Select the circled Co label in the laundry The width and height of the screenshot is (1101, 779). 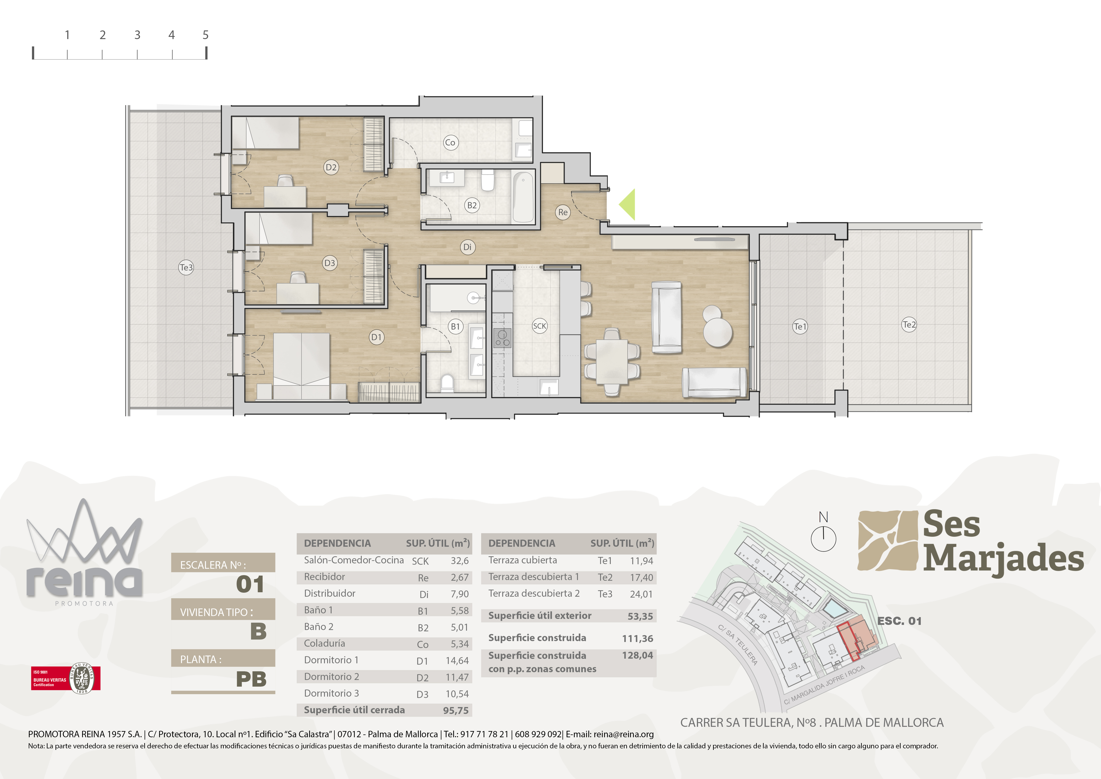click(x=450, y=143)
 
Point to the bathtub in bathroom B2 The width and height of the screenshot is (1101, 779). click(x=524, y=197)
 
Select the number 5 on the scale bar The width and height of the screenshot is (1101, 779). click(x=206, y=35)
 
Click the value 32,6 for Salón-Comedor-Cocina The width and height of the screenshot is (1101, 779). click(x=459, y=561)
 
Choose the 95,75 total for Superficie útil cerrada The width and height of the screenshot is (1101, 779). click(x=456, y=710)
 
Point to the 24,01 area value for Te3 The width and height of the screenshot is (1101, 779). click(x=641, y=594)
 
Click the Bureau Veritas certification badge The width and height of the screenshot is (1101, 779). click(x=66, y=678)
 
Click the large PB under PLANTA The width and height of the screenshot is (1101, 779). click(x=251, y=679)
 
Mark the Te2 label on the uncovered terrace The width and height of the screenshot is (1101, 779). click(x=909, y=325)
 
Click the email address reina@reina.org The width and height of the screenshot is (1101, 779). click(x=623, y=734)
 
